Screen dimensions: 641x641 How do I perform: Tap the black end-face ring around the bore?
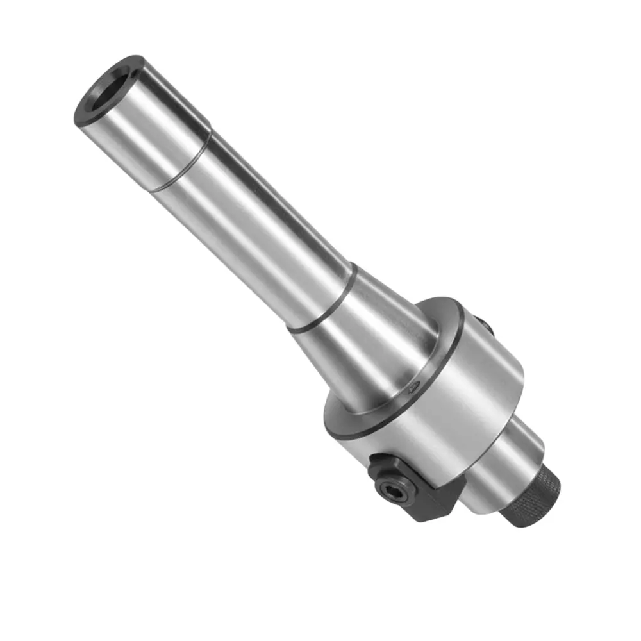tap(87, 119)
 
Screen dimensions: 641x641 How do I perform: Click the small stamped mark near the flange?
tap(414, 385)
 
